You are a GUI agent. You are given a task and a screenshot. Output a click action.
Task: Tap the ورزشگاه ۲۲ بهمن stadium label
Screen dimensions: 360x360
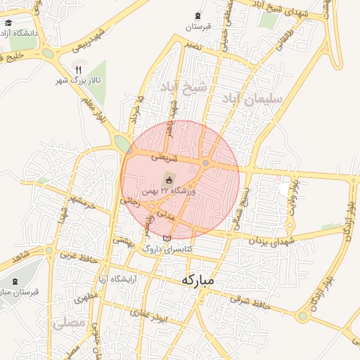pyautogui.click(x=169, y=190)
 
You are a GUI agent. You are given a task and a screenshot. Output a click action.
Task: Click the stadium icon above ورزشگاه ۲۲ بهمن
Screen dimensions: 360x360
pyautogui.click(x=169, y=177)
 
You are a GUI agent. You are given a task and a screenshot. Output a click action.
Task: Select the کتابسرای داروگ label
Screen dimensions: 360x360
pyautogui.click(x=167, y=249)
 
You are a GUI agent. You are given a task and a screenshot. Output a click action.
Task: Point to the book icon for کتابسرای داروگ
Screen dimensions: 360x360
pyautogui.click(x=167, y=238)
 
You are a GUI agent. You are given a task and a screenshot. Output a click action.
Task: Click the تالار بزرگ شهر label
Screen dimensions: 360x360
pyautogui.click(x=78, y=81)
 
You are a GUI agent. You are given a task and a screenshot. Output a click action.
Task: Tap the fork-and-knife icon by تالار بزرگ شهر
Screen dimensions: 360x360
pyautogui.click(x=78, y=70)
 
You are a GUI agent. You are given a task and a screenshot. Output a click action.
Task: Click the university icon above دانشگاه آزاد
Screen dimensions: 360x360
pyautogui.click(x=8, y=22)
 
